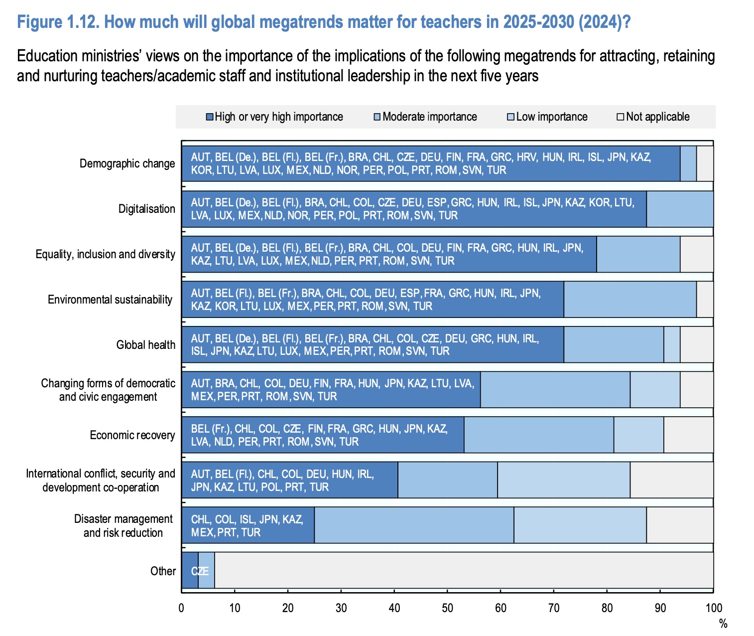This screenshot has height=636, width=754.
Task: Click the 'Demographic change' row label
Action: coord(127,163)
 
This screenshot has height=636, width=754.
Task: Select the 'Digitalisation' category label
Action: coord(146,209)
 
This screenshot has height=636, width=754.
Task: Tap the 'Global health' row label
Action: coord(145,345)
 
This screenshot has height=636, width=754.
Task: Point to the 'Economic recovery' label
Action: coord(132,435)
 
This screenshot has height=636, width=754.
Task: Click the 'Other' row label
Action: coord(163,571)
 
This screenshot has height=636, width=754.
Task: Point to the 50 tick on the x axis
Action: coord(447,608)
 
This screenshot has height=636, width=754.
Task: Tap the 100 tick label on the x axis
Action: coord(713,608)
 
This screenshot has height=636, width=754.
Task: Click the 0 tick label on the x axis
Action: coord(182,608)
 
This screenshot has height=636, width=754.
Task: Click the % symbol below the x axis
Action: coord(723,624)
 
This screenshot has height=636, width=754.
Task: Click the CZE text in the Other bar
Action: coord(200,571)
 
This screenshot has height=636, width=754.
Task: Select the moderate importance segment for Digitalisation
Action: coord(680,209)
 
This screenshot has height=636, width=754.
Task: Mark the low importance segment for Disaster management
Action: coord(580,525)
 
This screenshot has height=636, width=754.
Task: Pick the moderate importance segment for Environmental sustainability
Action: coord(630,300)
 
